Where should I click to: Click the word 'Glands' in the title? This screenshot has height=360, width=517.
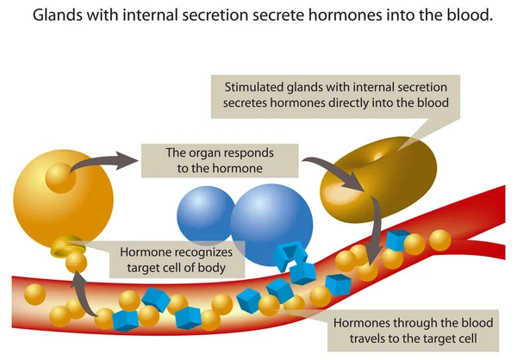[52, 16]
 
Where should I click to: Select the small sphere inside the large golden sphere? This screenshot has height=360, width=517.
[59, 179]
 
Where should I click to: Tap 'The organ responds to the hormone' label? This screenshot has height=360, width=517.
[220, 161]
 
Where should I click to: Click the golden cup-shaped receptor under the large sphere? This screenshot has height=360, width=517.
[65, 247]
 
